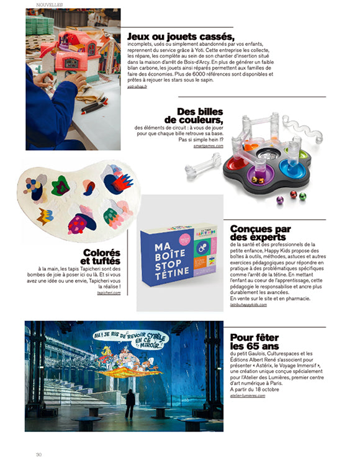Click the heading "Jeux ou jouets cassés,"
click(180, 36)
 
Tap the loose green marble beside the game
click(302, 196)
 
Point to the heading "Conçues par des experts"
click(260, 233)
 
